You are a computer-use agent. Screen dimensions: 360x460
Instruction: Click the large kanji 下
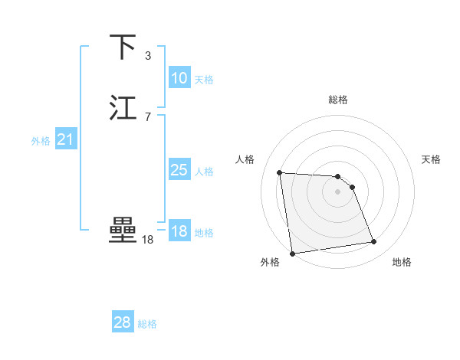(x=123, y=47)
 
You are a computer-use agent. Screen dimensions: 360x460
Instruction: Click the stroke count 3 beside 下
(x=148, y=56)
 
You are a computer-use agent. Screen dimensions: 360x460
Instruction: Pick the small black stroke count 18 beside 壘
(x=148, y=240)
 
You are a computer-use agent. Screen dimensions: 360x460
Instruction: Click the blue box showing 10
(x=179, y=78)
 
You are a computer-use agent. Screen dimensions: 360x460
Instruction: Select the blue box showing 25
(x=179, y=170)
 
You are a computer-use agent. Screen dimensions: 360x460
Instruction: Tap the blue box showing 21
(x=65, y=139)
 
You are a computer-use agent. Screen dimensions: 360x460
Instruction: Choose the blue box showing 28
(x=122, y=322)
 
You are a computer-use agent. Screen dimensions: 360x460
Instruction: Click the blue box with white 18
(x=179, y=231)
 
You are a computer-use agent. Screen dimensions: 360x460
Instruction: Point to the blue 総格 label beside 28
(x=147, y=324)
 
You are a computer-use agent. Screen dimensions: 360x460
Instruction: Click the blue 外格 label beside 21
(x=40, y=141)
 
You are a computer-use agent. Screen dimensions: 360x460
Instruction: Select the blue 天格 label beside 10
(x=204, y=80)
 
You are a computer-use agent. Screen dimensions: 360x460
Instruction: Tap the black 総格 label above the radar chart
(x=338, y=100)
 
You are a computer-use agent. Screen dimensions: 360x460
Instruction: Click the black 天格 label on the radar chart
(x=431, y=159)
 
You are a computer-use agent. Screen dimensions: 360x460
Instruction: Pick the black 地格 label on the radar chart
(x=402, y=262)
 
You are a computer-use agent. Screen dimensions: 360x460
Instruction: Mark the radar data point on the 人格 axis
(x=280, y=172)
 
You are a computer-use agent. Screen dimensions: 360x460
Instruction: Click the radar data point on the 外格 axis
(x=292, y=254)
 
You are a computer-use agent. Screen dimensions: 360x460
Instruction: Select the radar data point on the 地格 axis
(x=374, y=242)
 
